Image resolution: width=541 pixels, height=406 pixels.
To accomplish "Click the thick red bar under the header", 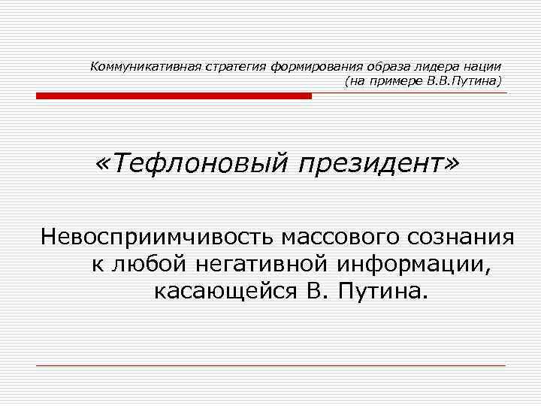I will pyautogui.click(x=174, y=96).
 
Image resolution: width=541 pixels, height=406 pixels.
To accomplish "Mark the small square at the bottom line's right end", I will pyautogui.click(x=508, y=365).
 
